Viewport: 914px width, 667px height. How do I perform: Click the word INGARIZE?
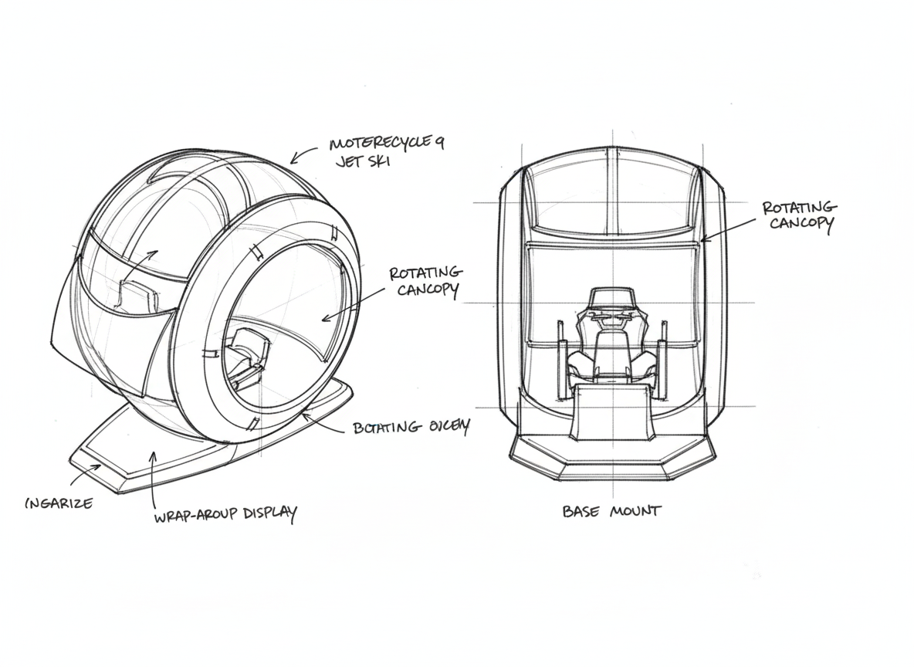pyautogui.click(x=59, y=503)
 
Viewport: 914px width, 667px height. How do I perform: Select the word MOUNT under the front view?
pyautogui.click(x=635, y=510)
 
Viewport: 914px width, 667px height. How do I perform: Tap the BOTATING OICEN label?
pyautogui.click(x=410, y=427)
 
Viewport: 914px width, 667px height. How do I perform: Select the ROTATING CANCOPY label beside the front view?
pyautogui.click(x=798, y=216)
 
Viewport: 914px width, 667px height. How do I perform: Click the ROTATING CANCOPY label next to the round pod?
pyautogui.click(x=425, y=282)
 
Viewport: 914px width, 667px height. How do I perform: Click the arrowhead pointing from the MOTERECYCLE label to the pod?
pyautogui.click(x=295, y=160)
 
